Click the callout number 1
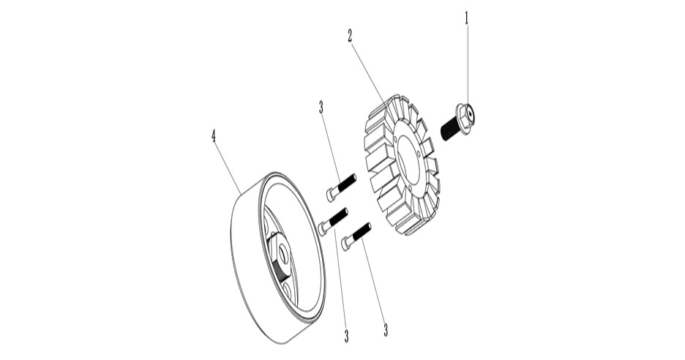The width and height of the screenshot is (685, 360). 466,18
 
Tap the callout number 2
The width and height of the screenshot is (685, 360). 350,36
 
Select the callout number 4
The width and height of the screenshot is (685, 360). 213,136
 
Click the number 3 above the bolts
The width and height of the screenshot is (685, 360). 321,107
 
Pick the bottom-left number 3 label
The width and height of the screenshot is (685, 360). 346,336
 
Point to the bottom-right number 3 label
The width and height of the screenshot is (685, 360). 385,330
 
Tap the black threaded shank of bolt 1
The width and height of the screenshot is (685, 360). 449,130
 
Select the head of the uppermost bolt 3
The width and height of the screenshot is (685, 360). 331,195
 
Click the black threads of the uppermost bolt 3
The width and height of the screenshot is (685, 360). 347,181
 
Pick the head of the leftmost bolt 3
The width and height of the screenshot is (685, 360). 323,228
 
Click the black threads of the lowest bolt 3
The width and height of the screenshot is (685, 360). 362,231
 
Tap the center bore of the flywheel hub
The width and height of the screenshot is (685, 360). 282,253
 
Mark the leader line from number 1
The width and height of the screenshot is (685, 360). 467,64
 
